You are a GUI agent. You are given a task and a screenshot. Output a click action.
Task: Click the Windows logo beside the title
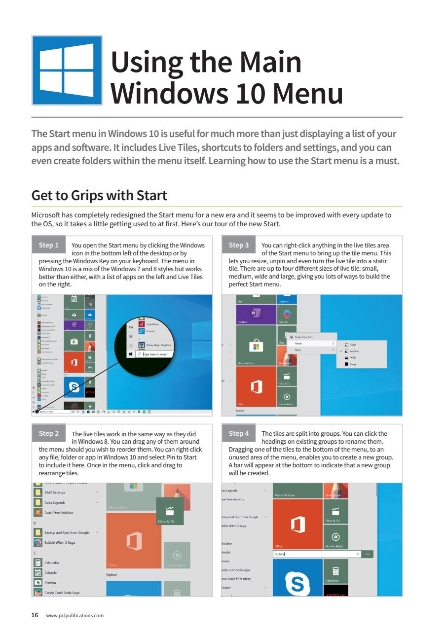pyautogui.click(x=67, y=70)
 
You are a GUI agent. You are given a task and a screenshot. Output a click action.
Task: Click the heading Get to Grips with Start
pyautogui.click(x=99, y=195)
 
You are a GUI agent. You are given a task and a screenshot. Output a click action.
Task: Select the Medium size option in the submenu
pyautogui.click(x=354, y=351)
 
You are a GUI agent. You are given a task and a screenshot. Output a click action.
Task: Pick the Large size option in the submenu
pyautogui.click(x=353, y=364)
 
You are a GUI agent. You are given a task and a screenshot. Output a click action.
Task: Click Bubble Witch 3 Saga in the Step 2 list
pyautogui.click(x=60, y=541)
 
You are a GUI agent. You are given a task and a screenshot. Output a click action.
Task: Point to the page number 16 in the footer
pyautogui.click(x=35, y=615)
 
